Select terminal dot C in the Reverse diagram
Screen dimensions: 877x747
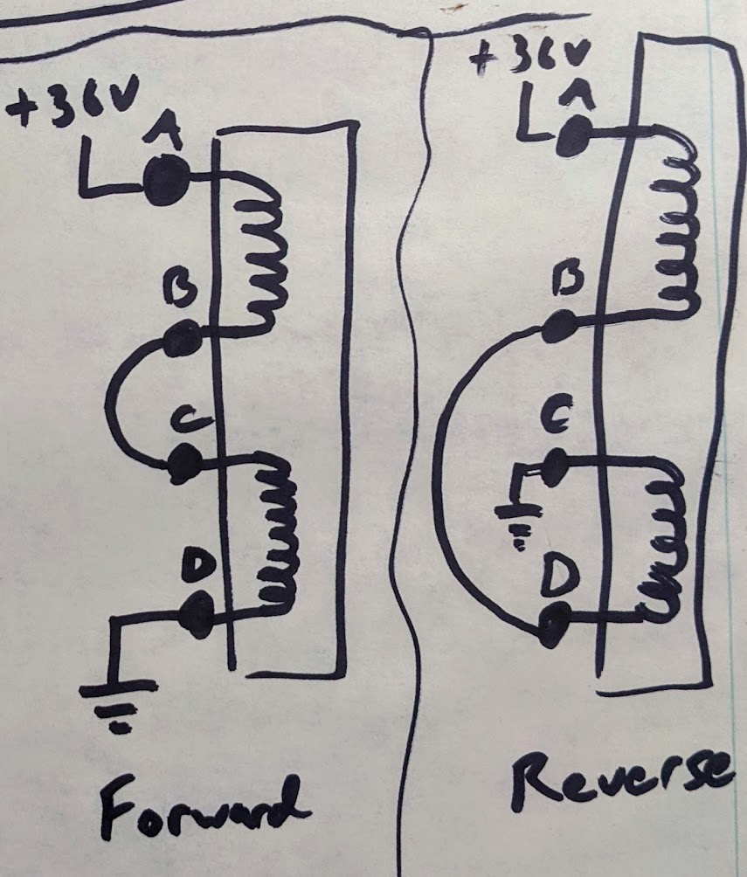coord(555,468)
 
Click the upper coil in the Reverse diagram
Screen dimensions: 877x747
coord(679,223)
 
